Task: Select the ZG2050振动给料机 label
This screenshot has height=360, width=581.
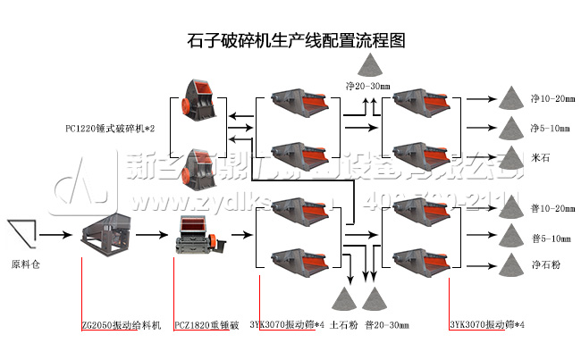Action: (x=120, y=324)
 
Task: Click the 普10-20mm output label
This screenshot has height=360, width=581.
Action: (x=552, y=208)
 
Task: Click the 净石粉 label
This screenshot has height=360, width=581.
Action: (x=544, y=265)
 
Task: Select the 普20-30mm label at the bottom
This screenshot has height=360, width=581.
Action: (x=388, y=324)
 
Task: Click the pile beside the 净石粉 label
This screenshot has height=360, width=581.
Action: (x=509, y=264)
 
